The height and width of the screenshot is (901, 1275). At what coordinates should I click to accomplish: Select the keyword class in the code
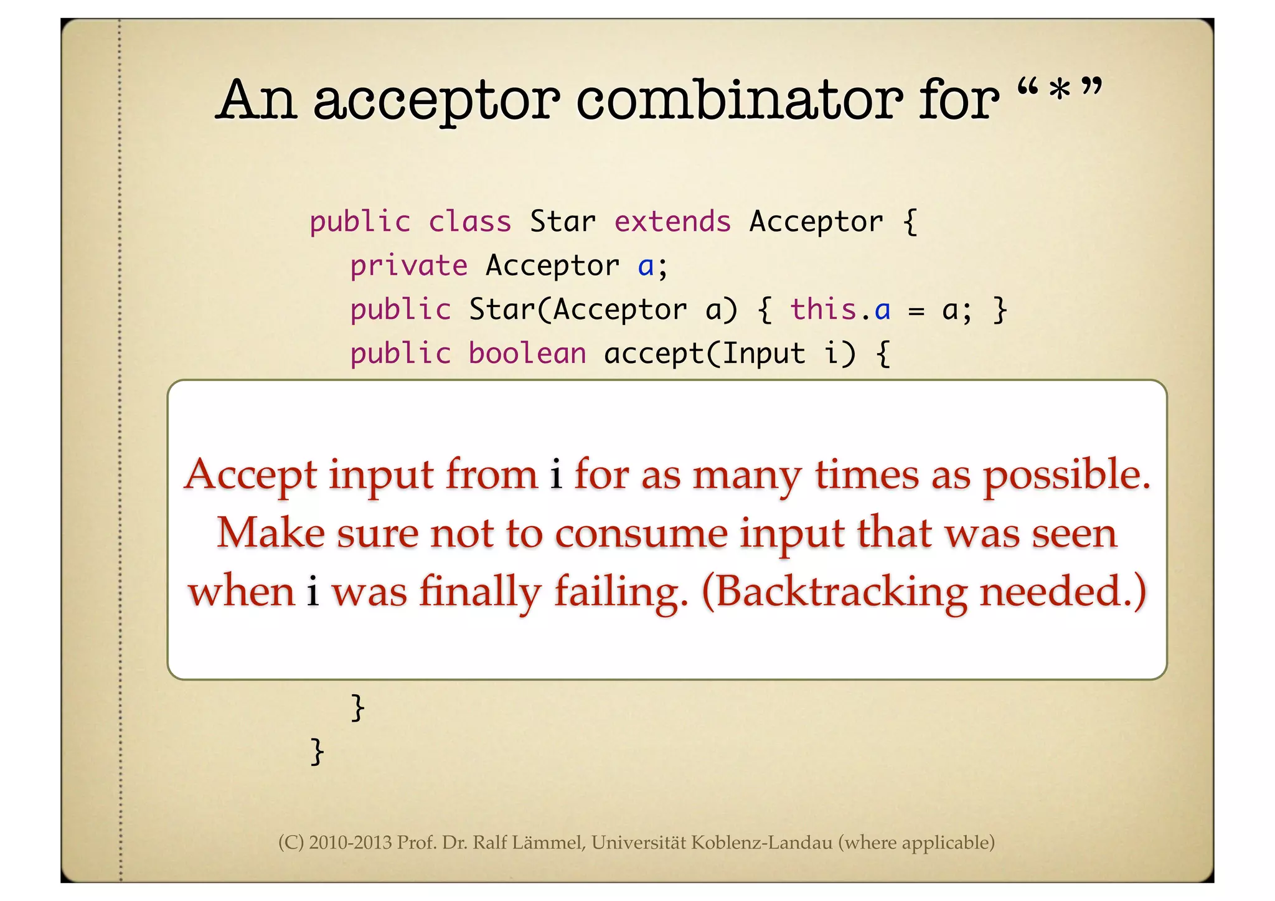(x=469, y=222)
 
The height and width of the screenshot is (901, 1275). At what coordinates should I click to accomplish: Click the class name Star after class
(x=563, y=222)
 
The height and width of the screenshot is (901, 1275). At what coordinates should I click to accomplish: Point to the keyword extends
(x=672, y=222)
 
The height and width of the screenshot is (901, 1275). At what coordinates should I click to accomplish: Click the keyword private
(x=408, y=266)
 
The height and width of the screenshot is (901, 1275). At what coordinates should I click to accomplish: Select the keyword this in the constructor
(x=823, y=309)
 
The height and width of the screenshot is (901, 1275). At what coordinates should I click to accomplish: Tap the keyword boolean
(x=527, y=354)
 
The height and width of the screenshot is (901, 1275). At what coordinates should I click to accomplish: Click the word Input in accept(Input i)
(x=764, y=354)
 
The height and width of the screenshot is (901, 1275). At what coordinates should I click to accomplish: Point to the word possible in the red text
(x=1066, y=476)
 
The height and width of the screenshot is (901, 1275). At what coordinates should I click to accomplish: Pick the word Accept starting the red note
(x=251, y=476)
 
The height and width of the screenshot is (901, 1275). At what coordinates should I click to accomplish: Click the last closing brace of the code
(x=317, y=752)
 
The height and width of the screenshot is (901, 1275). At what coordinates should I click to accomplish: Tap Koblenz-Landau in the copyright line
(x=761, y=843)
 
